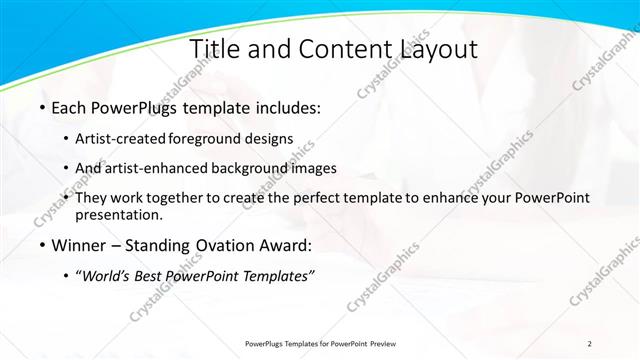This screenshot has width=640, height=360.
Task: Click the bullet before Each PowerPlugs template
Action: tap(41, 106)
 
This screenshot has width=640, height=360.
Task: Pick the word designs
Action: tap(271, 138)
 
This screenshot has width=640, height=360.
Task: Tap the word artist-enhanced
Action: tap(153, 168)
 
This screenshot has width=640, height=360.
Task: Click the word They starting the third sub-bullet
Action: tap(93, 198)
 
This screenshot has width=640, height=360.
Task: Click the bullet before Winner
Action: tap(41, 245)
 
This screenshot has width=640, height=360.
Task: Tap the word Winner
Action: tap(79, 245)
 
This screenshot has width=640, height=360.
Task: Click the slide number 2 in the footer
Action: tap(590, 343)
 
